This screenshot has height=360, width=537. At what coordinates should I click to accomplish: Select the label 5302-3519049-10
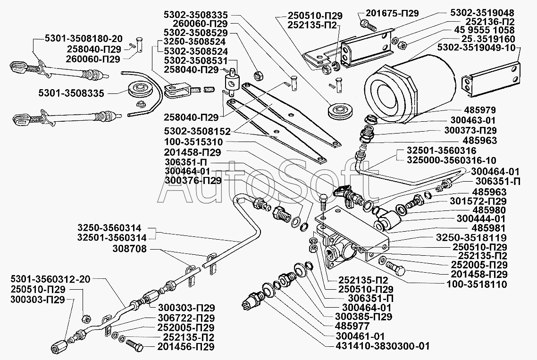pyautogui.click(x=478, y=48)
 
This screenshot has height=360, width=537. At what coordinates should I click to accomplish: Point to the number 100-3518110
pyautogui.click(x=476, y=284)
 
